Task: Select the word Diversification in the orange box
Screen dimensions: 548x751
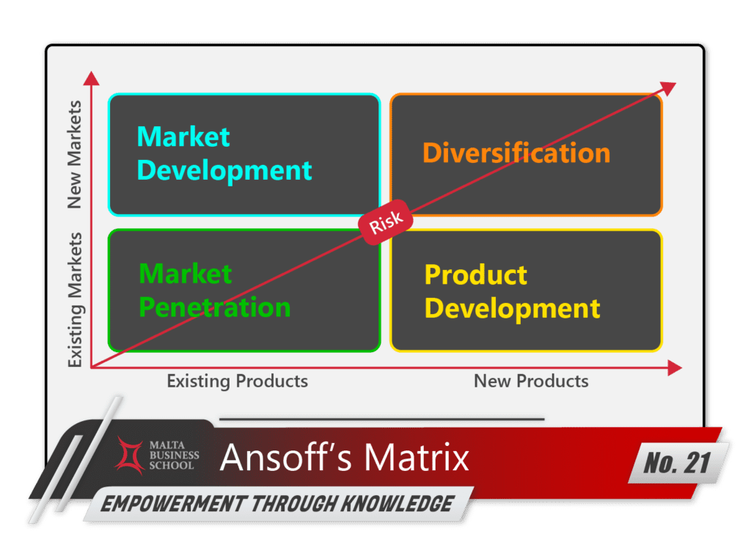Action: (x=516, y=153)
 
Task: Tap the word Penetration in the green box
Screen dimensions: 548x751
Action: (x=215, y=307)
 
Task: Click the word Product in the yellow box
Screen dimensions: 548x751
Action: (x=476, y=274)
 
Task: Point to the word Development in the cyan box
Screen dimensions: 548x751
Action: (x=224, y=169)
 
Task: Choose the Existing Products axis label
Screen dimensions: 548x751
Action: (x=237, y=381)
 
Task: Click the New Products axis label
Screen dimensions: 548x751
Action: (x=531, y=381)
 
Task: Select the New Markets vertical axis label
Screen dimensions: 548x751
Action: (x=75, y=155)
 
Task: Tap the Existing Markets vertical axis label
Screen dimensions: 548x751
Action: (x=75, y=299)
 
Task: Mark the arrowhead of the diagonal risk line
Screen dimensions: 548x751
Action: (x=668, y=87)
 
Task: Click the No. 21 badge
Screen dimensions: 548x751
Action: (x=679, y=463)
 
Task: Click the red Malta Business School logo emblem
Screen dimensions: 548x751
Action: (x=131, y=455)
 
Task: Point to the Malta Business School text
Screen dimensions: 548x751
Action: (x=175, y=455)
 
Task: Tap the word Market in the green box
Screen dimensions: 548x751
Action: (x=186, y=274)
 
